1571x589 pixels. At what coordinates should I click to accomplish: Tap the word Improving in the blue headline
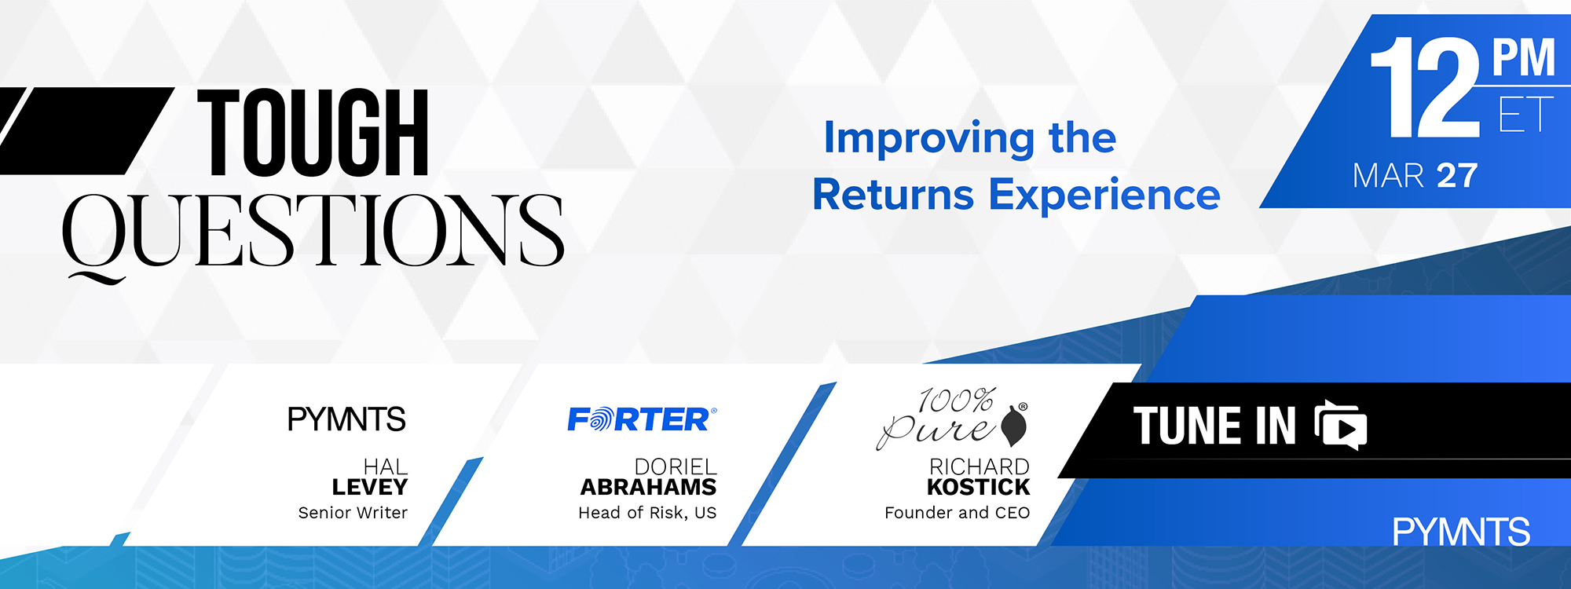[x=929, y=139]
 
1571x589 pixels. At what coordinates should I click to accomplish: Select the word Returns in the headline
[x=893, y=195]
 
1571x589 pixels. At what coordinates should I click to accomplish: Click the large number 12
[x=1426, y=88]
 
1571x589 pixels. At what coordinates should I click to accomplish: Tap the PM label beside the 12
[x=1524, y=58]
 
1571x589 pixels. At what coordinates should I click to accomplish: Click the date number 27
[x=1457, y=175]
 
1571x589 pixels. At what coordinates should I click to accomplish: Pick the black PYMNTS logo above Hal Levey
[x=346, y=419]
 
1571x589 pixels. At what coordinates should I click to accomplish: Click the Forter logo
[x=642, y=419]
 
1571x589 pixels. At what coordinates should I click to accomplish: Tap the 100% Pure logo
[x=952, y=419]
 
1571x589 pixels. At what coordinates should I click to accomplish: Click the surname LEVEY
[x=369, y=488]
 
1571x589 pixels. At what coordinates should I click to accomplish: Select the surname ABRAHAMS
[x=648, y=488]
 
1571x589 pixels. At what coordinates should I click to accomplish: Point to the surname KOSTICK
[x=978, y=488]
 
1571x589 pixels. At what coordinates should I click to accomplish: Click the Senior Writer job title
[x=353, y=513]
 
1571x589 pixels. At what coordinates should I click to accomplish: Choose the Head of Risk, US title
[x=647, y=513]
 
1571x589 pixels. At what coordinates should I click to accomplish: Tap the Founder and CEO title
[x=957, y=513]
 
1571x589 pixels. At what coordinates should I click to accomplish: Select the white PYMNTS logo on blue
[x=1461, y=532]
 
